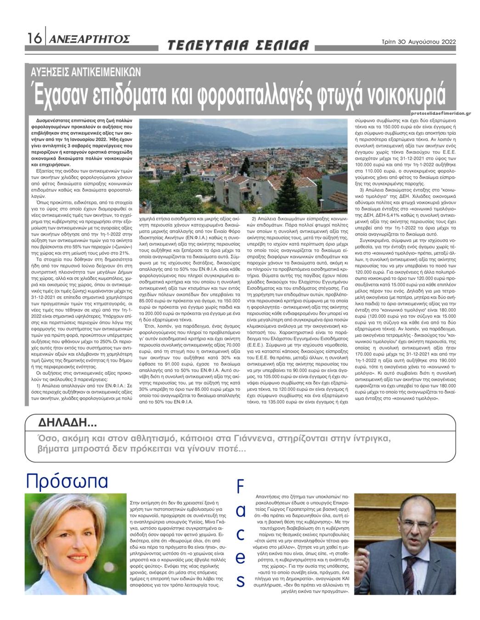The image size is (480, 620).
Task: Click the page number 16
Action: click(x=34, y=39)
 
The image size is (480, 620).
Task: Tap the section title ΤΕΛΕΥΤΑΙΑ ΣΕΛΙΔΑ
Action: click(x=238, y=45)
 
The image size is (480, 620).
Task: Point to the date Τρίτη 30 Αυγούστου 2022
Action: click(x=418, y=41)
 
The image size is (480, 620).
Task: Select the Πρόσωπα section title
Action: click(x=67, y=481)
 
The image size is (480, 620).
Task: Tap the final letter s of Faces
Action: click(x=240, y=581)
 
